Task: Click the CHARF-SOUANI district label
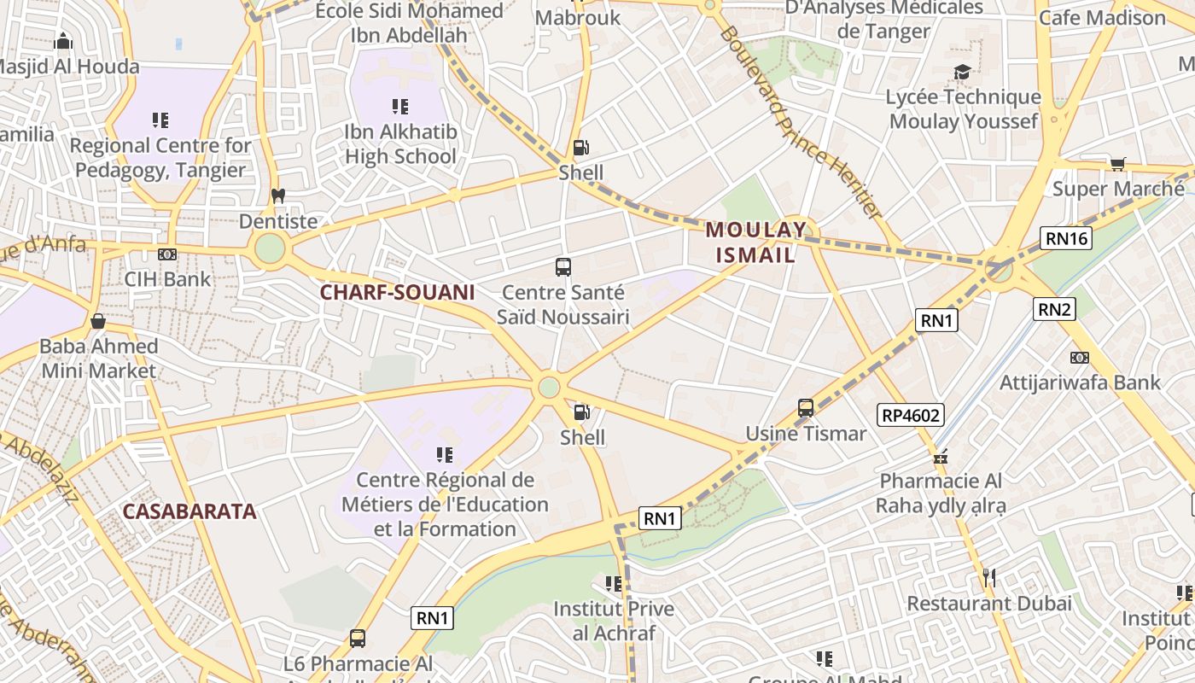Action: [x=397, y=292]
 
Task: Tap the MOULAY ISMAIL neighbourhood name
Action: [x=755, y=242]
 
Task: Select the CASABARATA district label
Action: [x=189, y=511]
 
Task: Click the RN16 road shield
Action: [x=1066, y=238]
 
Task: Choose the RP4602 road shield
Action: [x=912, y=416]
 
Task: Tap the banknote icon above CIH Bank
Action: [x=167, y=254]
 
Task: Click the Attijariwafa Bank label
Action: [x=1080, y=382]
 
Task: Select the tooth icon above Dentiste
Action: [x=277, y=196]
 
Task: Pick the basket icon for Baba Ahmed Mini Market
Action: [x=98, y=322]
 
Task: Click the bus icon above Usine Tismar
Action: [x=806, y=408]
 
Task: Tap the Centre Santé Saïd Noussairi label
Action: [x=563, y=305]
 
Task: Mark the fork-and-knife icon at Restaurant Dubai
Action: [x=988, y=578]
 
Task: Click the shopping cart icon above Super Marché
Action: [x=1117, y=164]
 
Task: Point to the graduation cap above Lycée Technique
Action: [x=963, y=73]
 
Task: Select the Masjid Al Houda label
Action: [x=68, y=67]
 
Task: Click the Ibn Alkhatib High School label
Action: [x=400, y=144]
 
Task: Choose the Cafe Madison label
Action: [x=1102, y=18]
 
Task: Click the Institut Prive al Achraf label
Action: [x=614, y=621]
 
